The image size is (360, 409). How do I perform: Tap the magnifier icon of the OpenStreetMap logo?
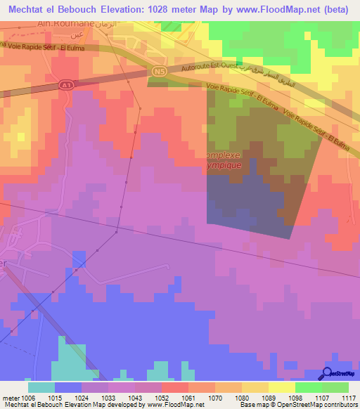point(326,373)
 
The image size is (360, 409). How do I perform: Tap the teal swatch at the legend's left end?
point(41,387)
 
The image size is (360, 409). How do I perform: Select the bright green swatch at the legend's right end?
point(335,387)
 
